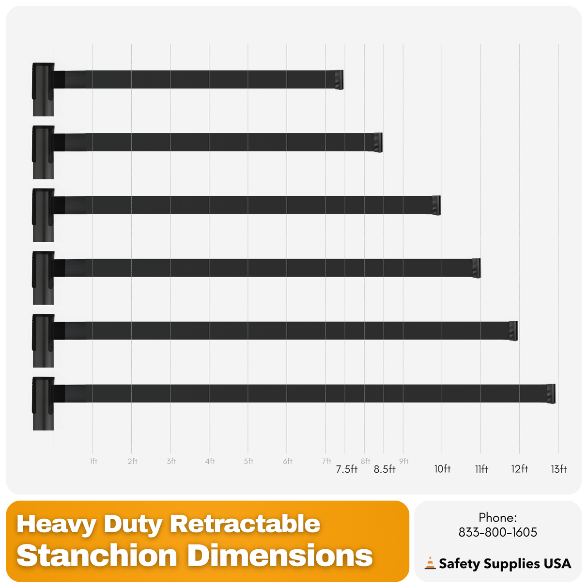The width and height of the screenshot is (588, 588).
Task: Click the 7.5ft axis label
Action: click(347, 469)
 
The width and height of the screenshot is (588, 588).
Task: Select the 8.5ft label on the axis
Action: click(385, 469)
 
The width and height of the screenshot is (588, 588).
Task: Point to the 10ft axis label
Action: click(442, 469)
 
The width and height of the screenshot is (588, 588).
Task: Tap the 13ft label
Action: click(558, 469)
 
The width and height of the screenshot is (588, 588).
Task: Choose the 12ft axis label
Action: click(520, 469)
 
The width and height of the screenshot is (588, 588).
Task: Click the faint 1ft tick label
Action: click(93, 461)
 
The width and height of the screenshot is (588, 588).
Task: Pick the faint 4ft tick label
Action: click(210, 461)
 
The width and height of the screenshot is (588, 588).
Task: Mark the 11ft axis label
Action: click(481, 469)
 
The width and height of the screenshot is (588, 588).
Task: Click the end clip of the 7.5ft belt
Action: click(339, 79)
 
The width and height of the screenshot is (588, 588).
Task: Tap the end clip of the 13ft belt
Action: click(551, 393)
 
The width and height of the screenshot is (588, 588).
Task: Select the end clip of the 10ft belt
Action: click(436, 205)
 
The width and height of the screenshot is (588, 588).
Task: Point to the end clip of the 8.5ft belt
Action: click(378, 142)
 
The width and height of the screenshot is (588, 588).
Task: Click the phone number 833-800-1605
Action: click(497, 532)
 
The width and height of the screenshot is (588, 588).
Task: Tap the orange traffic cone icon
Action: click(430, 563)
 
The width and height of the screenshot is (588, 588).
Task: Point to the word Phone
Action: click(497, 517)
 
